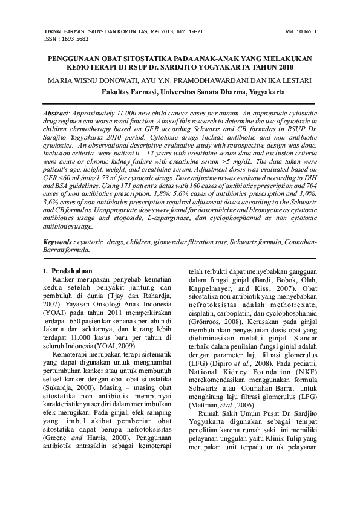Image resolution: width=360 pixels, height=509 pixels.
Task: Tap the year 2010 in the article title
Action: click(283, 66)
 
